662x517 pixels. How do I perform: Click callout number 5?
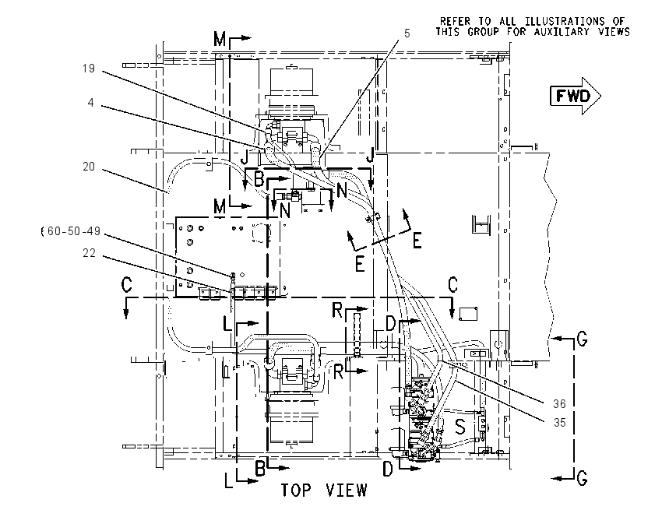click(x=407, y=33)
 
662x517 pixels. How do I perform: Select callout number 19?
click(x=89, y=69)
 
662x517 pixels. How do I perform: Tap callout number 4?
click(x=91, y=103)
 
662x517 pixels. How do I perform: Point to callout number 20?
click(x=89, y=167)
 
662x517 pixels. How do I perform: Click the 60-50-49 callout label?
click(x=71, y=230)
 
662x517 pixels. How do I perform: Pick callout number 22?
click(x=89, y=253)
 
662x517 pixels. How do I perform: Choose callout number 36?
click(x=559, y=404)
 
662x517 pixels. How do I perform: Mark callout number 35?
click(x=559, y=423)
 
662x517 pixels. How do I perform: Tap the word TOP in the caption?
click(x=297, y=491)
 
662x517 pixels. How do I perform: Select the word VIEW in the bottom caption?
click(x=347, y=491)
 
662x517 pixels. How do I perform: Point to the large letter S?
click(x=460, y=426)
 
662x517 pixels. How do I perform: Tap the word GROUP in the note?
click(x=483, y=32)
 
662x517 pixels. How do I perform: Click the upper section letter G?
click(x=583, y=339)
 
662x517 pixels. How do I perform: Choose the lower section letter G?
click(x=583, y=478)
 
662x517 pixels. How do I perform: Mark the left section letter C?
click(x=127, y=285)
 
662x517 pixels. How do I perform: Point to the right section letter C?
click(x=452, y=285)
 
